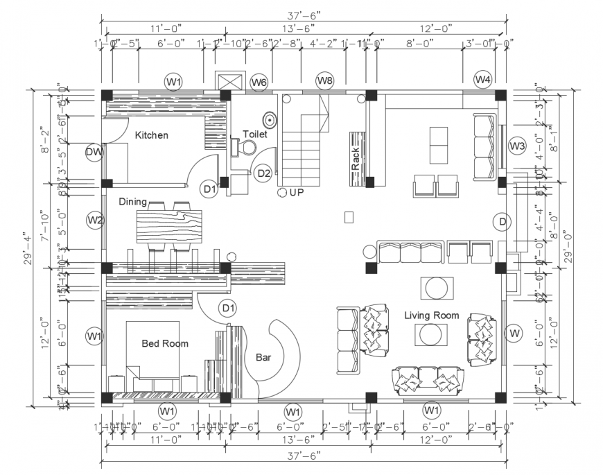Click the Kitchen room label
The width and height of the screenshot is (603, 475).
(151, 135)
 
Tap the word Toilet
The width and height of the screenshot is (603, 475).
(254, 134)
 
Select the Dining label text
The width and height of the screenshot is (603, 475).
(132, 202)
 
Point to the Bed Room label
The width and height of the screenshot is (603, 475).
(165, 343)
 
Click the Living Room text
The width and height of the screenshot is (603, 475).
(432, 316)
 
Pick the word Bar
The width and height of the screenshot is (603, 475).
(263, 358)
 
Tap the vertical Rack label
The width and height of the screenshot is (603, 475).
(355, 158)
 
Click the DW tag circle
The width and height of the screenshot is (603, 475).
(95, 152)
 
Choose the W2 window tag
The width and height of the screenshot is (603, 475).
(95, 221)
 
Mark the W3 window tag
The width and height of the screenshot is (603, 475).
(517, 146)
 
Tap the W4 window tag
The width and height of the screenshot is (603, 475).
(483, 80)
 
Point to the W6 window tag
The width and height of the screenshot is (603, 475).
(259, 82)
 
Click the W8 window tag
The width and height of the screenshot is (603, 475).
(324, 81)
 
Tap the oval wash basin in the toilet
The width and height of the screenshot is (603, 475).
(269, 120)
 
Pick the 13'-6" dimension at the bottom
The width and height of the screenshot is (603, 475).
(293, 439)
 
